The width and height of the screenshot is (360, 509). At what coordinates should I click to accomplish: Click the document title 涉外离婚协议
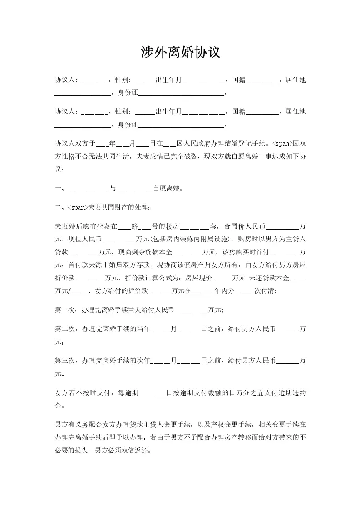point(180,53)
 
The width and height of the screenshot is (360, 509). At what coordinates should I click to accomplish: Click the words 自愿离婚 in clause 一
point(168,188)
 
